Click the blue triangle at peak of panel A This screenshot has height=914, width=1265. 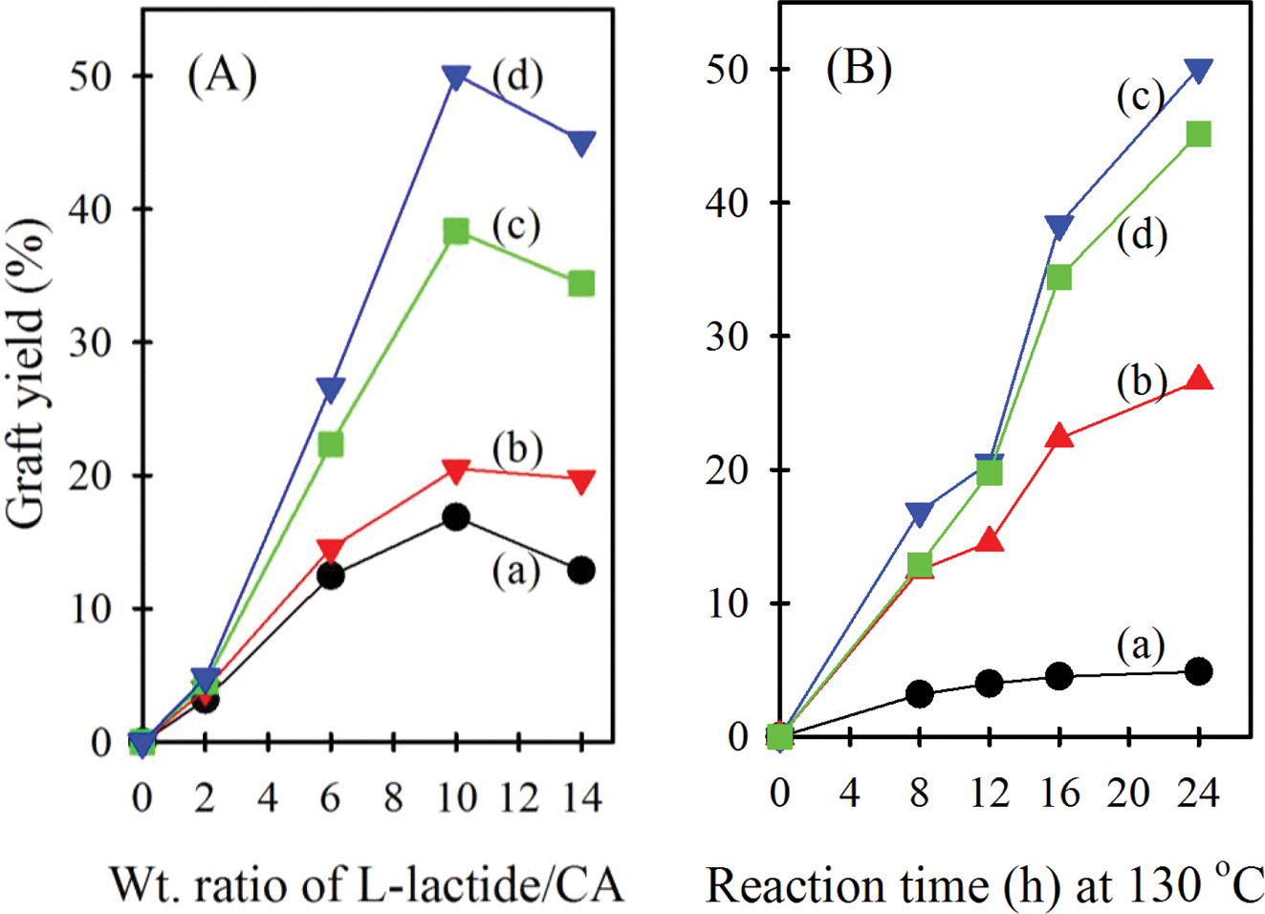click(x=456, y=77)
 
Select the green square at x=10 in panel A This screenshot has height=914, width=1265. click(x=456, y=230)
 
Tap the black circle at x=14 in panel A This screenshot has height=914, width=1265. click(x=581, y=571)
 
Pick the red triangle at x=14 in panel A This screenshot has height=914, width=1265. click(x=581, y=481)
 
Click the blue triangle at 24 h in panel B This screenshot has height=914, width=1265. click(x=1198, y=70)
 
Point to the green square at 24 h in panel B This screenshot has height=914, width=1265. click(x=1198, y=134)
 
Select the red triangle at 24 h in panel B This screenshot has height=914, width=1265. click(x=1198, y=379)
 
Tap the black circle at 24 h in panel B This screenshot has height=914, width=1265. click(x=1198, y=671)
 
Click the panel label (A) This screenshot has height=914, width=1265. click(x=222, y=75)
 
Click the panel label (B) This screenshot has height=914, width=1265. click(x=859, y=69)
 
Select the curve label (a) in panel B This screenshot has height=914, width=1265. click(x=1141, y=646)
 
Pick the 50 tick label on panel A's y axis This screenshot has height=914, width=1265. click(x=91, y=76)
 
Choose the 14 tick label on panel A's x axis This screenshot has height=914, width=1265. click(x=579, y=795)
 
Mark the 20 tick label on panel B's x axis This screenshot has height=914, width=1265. click(x=1128, y=793)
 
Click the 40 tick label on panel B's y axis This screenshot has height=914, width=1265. click(x=729, y=203)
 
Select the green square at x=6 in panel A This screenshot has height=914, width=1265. click(x=330, y=445)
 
